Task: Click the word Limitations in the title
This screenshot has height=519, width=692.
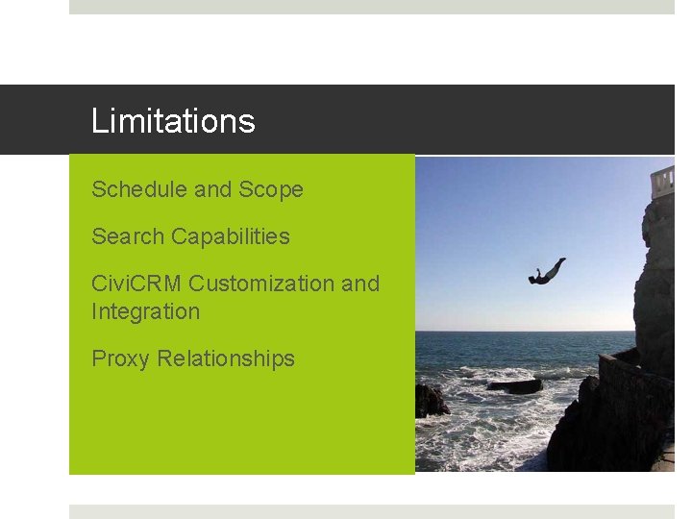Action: coord(173,121)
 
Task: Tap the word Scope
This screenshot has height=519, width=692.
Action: coord(271,189)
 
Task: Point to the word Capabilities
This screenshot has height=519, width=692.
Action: coord(231,236)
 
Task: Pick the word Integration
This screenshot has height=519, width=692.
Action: coord(145,311)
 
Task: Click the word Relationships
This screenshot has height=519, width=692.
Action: coord(226,358)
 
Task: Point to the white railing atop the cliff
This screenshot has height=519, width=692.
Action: coord(662,180)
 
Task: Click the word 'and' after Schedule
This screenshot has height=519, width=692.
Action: coord(213,189)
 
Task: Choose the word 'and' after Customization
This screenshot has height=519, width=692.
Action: coord(360,284)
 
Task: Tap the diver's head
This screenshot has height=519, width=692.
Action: coord(531,280)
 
